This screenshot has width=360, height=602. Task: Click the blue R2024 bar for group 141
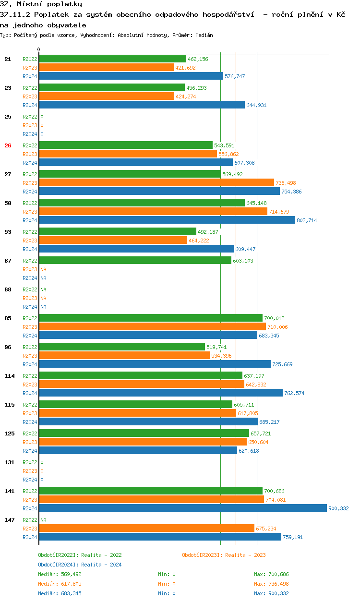click(182, 508)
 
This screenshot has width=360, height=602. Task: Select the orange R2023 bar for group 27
click(156, 182)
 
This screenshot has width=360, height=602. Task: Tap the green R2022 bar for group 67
click(135, 260)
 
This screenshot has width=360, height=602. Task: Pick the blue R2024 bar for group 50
click(167, 220)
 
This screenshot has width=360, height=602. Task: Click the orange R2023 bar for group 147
click(146, 528)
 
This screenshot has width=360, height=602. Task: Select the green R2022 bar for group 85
click(151, 318)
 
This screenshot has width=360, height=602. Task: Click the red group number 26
click(8, 145)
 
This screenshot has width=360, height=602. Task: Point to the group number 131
click(10, 462)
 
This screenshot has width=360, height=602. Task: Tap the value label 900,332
click(338, 508)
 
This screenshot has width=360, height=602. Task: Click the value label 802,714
click(307, 220)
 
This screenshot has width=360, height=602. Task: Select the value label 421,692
click(185, 68)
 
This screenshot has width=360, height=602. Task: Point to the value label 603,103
click(243, 261)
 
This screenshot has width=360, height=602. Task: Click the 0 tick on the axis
click(39, 49)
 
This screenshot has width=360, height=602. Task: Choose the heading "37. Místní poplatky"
click(41, 4)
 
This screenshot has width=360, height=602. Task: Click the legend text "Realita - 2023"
click(245, 555)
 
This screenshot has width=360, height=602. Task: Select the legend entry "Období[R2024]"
click(58, 565)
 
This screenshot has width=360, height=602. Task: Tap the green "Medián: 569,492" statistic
click(60, 574)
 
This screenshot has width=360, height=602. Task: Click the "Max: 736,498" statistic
click(271, 584)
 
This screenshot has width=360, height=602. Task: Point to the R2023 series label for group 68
click(30, 298)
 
